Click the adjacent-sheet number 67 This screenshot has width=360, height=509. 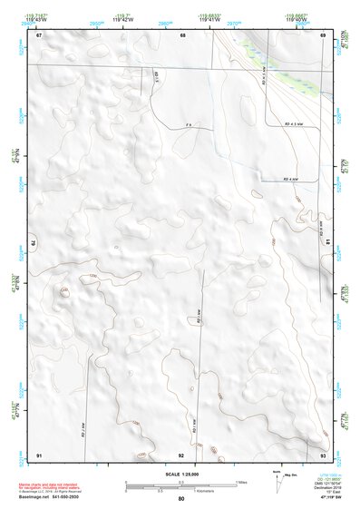(39, 35)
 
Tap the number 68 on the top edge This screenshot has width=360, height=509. (182, 35)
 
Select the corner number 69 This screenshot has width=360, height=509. (323, 35)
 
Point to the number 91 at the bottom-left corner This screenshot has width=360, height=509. (39, 453)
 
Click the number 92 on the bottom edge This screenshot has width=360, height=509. (181, 454)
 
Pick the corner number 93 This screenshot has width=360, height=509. (323, 453)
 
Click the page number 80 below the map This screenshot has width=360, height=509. (181, 499)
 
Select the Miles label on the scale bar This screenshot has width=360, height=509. (242, 482)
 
